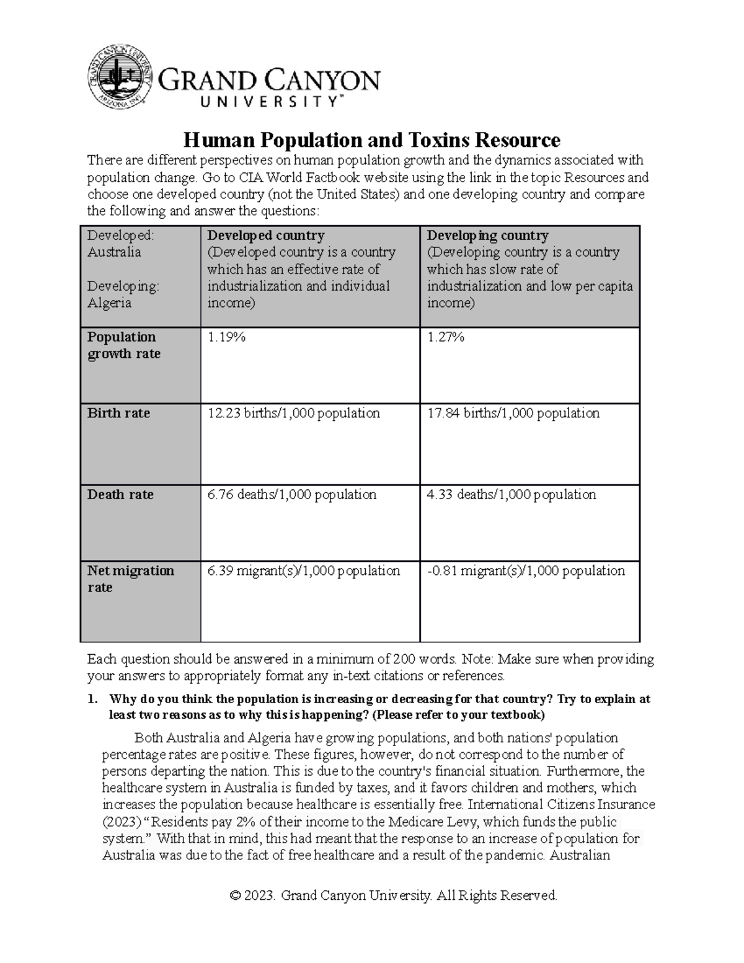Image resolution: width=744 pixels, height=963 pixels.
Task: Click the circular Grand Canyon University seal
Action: (x=120, y=76)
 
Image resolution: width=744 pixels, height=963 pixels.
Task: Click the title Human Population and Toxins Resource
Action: (x=371, y=140)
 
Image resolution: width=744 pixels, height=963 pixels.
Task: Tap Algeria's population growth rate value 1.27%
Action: (x=446, y=337)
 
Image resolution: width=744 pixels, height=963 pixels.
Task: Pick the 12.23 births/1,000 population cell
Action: (x=293, y=414)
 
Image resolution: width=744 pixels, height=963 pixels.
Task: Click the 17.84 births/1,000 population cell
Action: (x=513, y=414)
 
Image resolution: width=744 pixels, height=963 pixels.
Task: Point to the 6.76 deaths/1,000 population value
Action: (x=291, y=495)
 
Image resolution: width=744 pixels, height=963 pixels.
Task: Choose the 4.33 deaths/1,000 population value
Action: (x=511, y=495)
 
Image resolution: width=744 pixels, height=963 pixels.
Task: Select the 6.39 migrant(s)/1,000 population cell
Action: (x=303, y=571)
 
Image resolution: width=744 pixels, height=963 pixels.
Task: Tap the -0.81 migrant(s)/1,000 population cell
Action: (x=526, y=571)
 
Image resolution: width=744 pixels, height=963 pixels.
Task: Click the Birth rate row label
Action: (x=118, y=414)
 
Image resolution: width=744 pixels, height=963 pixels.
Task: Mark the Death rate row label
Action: (x=120, y=495)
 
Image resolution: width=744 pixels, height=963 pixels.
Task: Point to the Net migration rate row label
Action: (x=130, y=579)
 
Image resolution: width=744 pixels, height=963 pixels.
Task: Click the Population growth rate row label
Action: (x=123, y=345)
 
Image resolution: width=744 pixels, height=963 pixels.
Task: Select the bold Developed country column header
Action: (x=265, y=236)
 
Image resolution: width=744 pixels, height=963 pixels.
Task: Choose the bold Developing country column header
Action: (x=487, y=236)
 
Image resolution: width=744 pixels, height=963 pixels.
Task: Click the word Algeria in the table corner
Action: (x=109, y=303)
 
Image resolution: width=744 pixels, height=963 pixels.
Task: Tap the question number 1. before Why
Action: (x=92, y=699)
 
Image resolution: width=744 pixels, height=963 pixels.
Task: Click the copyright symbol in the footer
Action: (x=235, y=896)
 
